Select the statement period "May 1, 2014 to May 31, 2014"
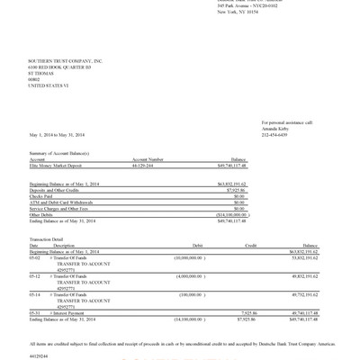pyautogui.click(x=58, y=133)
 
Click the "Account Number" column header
pyautogui.click(x=147, y=158)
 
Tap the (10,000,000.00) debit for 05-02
pyautogui.click(x=190, y=256)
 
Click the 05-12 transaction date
pyautogui.click(x=35, y=275)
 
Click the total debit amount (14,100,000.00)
pyautogui.click(x=188, y=318)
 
